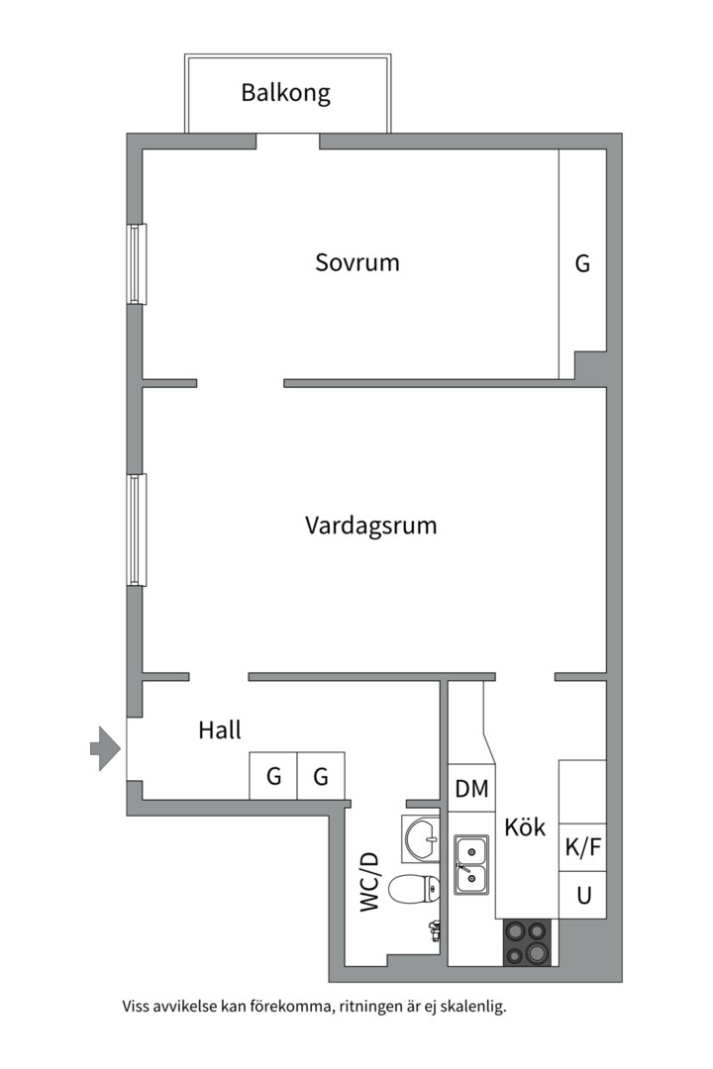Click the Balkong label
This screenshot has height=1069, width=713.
coord(285,94)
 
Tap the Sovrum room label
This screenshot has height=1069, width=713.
coord(357,263)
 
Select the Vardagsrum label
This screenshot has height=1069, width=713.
coord(370,525)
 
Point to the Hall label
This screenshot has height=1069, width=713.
coord(220,730)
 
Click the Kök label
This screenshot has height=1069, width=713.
coord(525,827)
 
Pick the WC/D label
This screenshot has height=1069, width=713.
coord(369,881)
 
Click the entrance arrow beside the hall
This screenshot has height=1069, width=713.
coord(104,748)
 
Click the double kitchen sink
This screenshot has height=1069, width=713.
coord(471,864)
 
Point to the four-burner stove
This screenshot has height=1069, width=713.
coord(527,941)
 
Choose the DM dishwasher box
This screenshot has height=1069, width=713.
coord(471,789)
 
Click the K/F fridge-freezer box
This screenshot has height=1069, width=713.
coord(582,847)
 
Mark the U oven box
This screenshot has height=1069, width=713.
coord(583,896)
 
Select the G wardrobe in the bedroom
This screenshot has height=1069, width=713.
coord(582,264)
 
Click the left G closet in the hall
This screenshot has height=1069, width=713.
coord(272,777)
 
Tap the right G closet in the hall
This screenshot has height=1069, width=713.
coord(321,777)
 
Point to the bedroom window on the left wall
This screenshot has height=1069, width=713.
coord(137,263)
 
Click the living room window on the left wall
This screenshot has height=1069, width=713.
coord(137,530)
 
